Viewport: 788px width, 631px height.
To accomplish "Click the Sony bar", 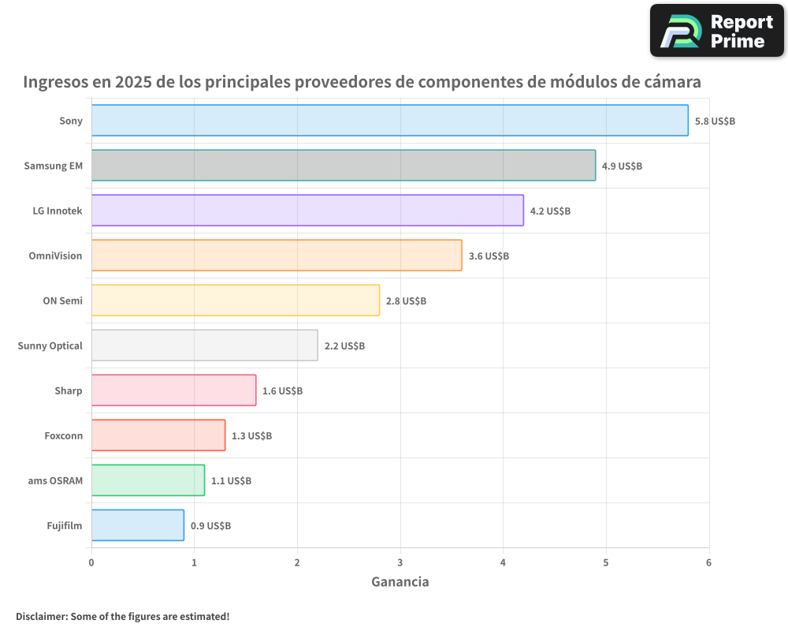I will pos(389,121).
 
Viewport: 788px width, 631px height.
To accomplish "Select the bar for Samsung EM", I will pos(343,166).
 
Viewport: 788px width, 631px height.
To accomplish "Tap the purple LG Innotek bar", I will pos(307,211).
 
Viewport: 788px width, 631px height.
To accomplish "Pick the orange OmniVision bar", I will pos(277,256).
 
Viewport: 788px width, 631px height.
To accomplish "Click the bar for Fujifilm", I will pos(137,525).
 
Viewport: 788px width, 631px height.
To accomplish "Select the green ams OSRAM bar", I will pos(147,480).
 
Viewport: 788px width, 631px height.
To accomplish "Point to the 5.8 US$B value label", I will pos(715,121).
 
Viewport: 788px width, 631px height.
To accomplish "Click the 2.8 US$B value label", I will pos(406,301).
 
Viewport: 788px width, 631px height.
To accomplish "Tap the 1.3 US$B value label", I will pos(251,436).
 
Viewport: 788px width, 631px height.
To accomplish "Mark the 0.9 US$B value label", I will pos(210,526).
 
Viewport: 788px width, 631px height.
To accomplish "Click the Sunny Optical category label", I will pos(50,345).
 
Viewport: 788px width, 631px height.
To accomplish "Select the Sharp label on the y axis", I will pos(68,390).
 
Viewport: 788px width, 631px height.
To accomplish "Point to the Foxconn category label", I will pos(63,435).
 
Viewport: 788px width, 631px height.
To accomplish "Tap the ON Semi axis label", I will pos(62,301).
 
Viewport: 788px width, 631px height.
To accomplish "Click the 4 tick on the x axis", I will pos(503,562).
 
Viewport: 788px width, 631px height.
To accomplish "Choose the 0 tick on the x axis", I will pos(91,562).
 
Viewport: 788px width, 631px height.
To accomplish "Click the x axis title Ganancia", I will pos(400,582).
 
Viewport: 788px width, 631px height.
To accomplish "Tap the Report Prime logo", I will pos(716,31).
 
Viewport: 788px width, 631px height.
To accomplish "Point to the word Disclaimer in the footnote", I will pos(41,616).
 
